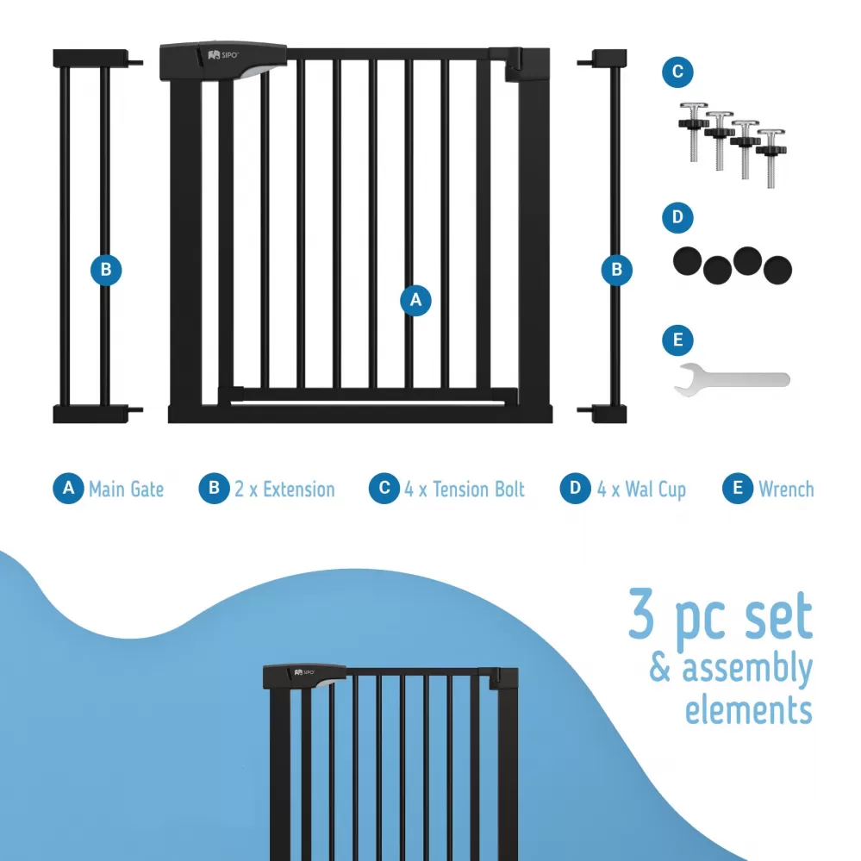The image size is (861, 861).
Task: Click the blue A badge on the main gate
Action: coord(415,300)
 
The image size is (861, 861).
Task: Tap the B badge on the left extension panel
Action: coord(106,270)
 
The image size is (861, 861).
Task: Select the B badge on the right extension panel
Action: coord(616,270)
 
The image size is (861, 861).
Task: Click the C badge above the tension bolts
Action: coord(677,72)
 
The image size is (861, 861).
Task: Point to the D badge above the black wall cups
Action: coord(677,217)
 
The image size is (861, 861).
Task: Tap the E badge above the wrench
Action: coord(677,340)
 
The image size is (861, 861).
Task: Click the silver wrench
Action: coord(732,379)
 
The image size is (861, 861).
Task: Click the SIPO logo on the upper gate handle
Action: coord(223,55)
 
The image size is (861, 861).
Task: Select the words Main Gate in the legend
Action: coord(127,489)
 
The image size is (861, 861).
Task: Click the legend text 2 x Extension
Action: coord(284,489)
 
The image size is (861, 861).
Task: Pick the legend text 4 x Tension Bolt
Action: coord(465,489)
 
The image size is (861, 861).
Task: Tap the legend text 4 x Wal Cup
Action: coord(641,490)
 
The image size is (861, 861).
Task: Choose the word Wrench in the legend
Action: coord(786,489)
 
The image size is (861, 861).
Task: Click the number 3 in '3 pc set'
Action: coord(641,614)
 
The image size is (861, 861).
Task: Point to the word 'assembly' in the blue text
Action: coord(746,669)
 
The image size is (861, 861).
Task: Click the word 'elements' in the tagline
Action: coord(748,709)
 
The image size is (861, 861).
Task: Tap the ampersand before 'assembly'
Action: coord(660,667)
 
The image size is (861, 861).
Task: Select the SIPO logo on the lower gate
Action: coord(304,672)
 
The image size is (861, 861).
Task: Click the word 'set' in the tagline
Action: coord(778,615)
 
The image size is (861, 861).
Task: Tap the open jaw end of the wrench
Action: coord(685,380)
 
